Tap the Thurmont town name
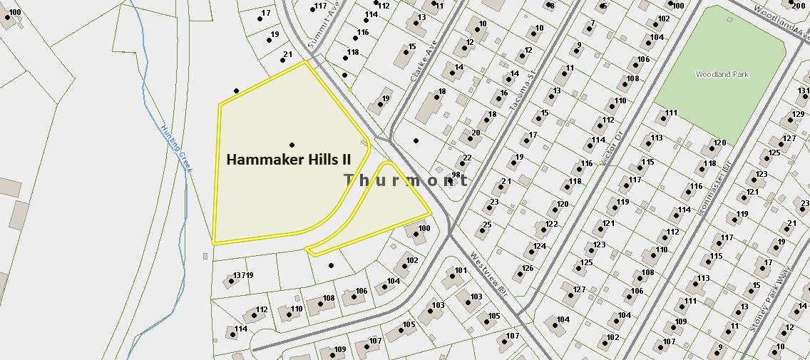tap(406, 180)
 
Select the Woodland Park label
tap(722, 74)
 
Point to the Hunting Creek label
tap(177, 148)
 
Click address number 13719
tap(243, 275)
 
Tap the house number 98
tap(455, 175)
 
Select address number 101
tap(461, 270)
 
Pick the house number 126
tap(528, 269)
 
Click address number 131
tap(803, 91)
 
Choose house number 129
tap(798, 114)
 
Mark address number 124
tap(540, 247)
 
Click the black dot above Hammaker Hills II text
tap(292, 145)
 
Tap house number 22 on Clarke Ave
tap(467, 158)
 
